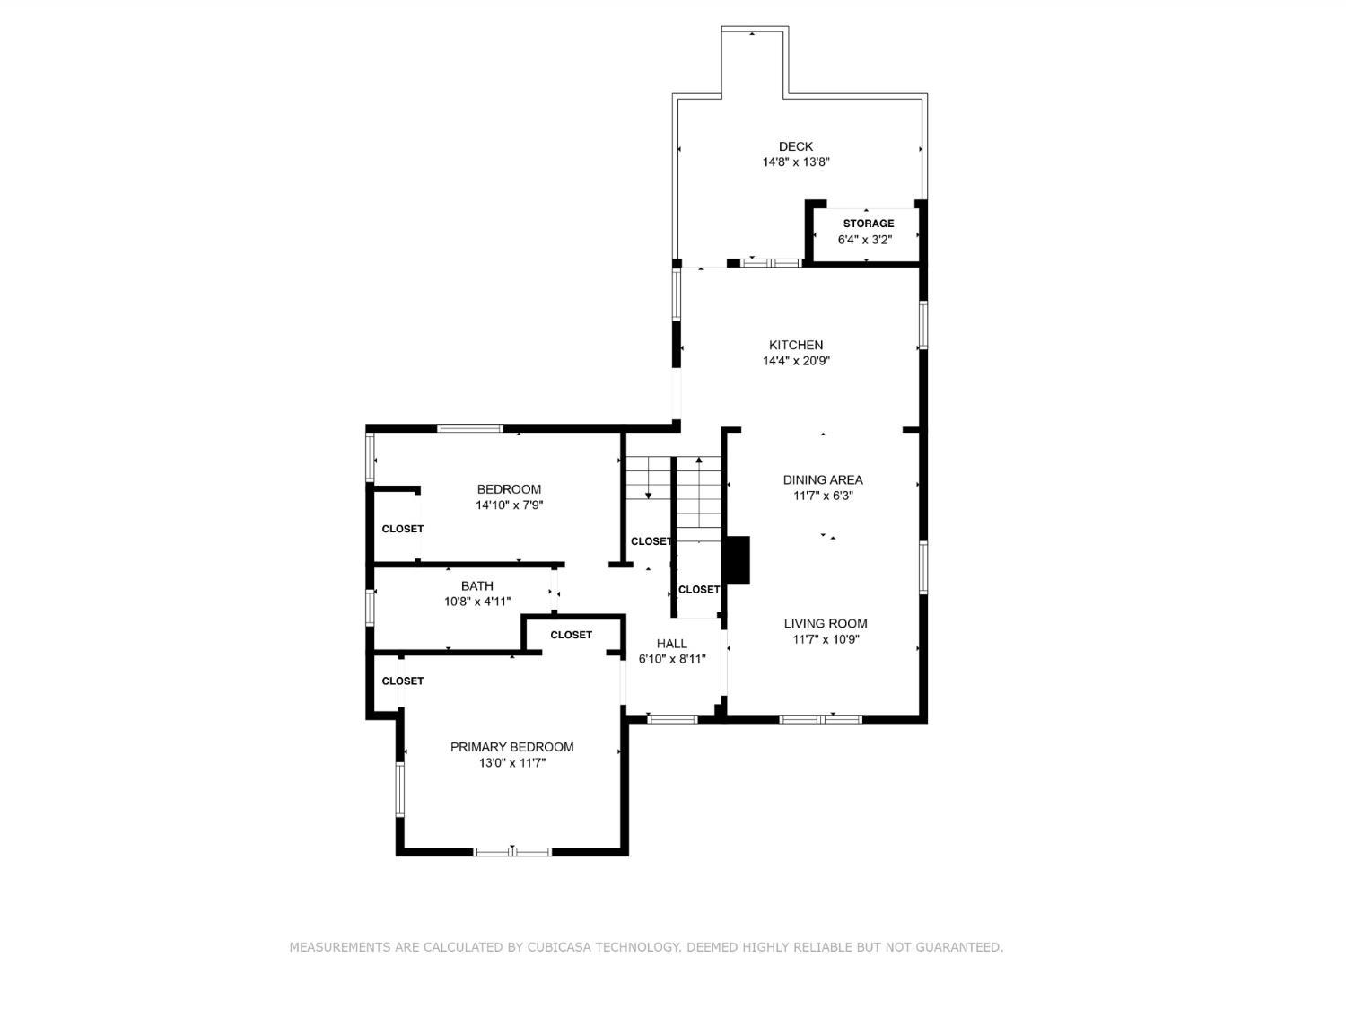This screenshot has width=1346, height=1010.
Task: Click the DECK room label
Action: [795, 146]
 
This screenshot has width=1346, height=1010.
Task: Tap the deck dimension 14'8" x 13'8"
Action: [796, 162]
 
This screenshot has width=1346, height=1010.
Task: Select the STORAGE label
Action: [869, 224]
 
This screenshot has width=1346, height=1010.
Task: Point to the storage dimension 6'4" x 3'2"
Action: [865, 240]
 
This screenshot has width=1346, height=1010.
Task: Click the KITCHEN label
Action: [796, 346]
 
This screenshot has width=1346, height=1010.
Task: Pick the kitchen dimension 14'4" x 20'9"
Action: [796, 361]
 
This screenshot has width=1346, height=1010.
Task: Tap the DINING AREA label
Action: [823, 480]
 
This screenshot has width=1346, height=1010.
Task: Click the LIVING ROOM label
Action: [826, 624]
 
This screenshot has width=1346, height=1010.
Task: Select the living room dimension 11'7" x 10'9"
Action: [826, 639]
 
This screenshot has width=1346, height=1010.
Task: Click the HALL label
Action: [671, 644]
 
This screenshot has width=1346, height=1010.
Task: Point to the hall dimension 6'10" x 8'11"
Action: [672, 659]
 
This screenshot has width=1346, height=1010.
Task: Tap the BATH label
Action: [477, 585]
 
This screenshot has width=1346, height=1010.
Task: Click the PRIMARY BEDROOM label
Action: [512, 747]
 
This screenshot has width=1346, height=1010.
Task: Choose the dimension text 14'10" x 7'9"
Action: [509, 505]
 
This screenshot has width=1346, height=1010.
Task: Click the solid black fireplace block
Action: [738, 560]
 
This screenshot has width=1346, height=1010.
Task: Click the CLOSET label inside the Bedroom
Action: [402, 529]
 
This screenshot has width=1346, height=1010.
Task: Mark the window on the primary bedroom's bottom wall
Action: [512, 851]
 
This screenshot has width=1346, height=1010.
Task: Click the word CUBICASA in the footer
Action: [560, 947]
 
